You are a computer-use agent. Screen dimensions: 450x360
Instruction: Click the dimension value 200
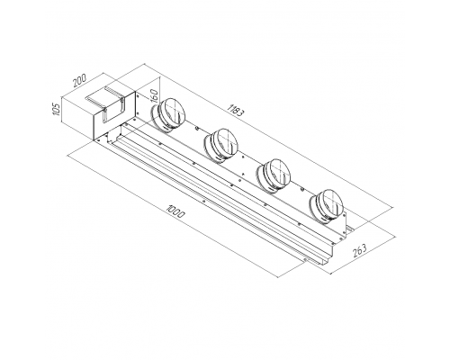(x=80, y=80)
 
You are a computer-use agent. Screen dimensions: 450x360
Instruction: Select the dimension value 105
(x=57, y=110)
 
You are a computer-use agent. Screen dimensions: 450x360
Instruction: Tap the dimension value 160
(x=153, y=96)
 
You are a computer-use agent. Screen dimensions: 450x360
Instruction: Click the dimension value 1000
(x=176, y=211)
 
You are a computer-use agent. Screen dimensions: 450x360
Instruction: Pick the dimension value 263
(x=360, y=251)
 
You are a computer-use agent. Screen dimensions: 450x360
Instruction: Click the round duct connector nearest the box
(x=169, y=114)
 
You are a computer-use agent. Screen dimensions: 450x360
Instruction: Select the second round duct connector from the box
(x=221, y=146)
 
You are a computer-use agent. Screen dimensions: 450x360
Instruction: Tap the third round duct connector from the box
(x=274, y=175)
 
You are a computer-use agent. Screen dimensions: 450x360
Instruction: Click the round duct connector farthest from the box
(x=326, y=207)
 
